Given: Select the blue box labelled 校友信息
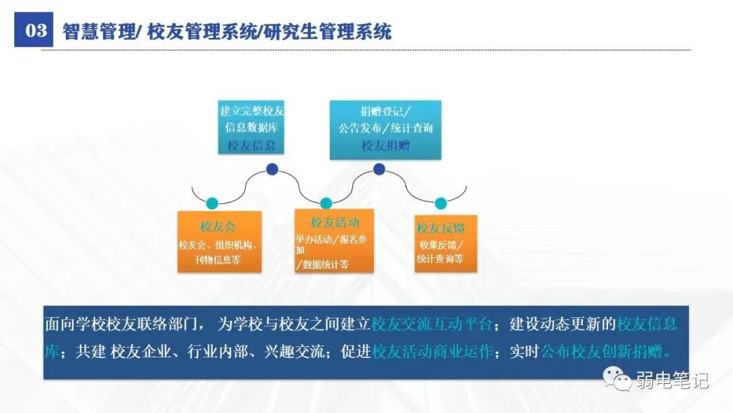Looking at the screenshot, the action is click(252, 128).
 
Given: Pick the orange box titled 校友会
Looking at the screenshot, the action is click(217, 241).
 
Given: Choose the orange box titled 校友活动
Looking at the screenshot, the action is click(334, 240).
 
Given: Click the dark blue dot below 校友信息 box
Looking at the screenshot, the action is click(272, 169).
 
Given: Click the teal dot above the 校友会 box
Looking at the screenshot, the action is click(212, 202).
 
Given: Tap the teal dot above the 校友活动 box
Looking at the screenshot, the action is click(326, 202).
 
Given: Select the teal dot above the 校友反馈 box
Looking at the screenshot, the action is click(440, 202).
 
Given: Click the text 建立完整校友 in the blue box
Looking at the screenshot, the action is click(252, 111).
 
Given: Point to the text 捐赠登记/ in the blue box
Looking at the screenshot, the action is click(386, 111).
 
